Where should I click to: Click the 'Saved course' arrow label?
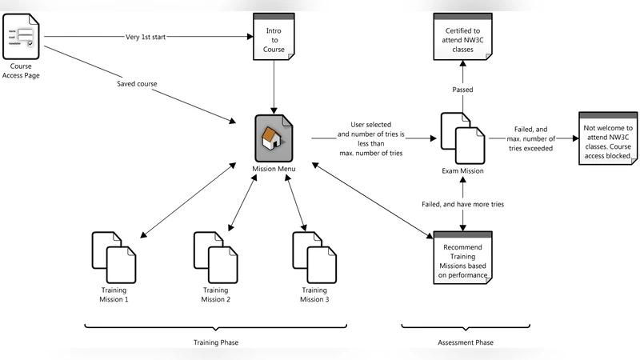(x=137, y=83)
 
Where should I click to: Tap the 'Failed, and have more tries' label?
(x=462, y=205)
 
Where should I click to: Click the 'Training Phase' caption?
(x=216, y=342)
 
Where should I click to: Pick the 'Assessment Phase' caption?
(x=466, y=342)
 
